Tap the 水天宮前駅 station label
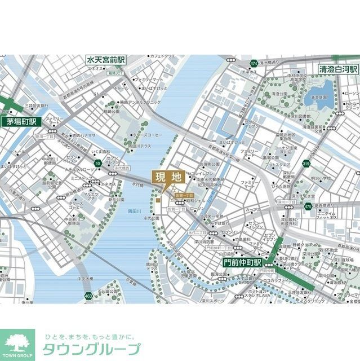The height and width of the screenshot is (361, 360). point(106,60)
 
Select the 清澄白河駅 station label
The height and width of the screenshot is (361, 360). point(338,69)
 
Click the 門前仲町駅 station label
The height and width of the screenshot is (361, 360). point(242,262)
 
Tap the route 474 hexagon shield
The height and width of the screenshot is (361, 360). point(254,63)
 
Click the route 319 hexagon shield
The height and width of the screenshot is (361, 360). point(306,164)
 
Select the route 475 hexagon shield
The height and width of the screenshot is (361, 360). point(308,207)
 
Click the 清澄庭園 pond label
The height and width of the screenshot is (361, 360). point(319,96)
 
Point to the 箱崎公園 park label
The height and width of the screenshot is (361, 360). point(112,112)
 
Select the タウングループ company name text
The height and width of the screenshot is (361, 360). point(90,349)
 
